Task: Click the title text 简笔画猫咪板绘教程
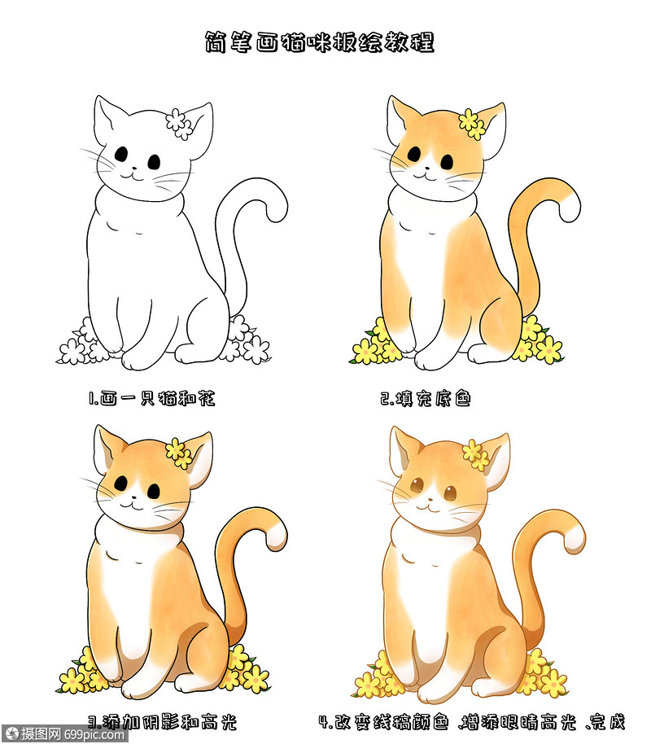319,42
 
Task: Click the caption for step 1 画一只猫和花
152,399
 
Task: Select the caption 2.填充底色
425,399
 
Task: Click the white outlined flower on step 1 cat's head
179,123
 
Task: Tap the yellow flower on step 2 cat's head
471,123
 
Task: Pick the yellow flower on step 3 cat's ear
178,452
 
